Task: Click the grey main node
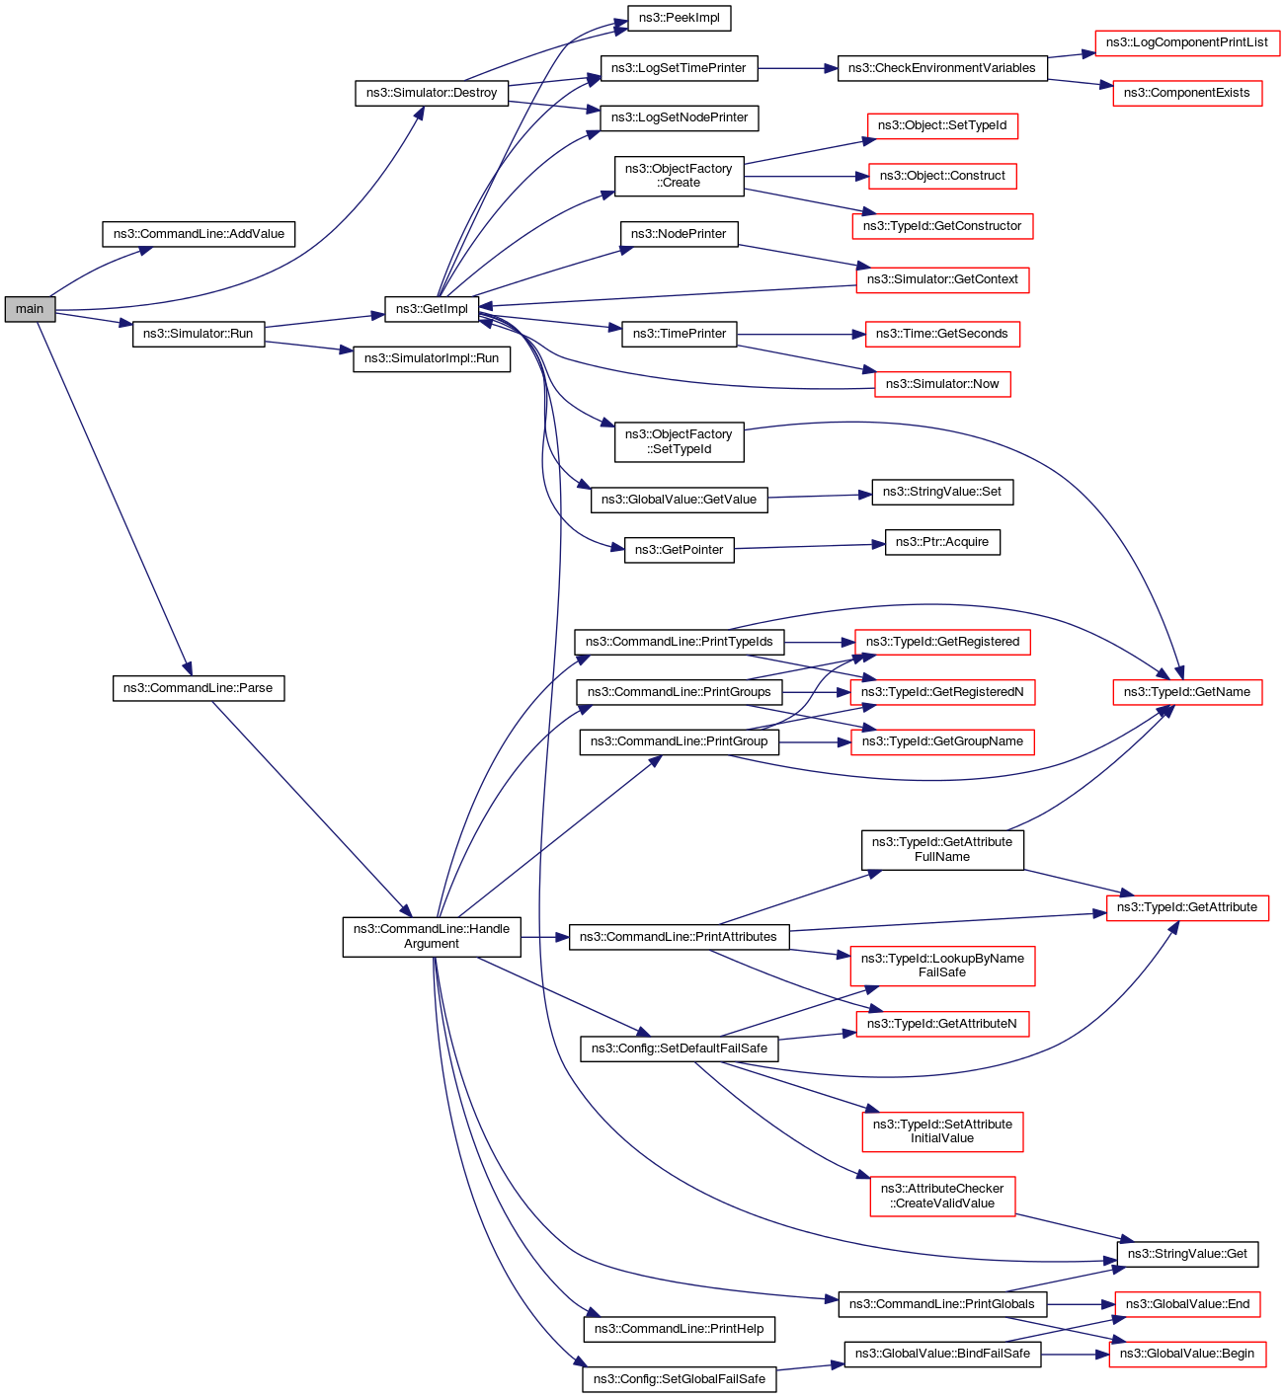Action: [x=30, y=309]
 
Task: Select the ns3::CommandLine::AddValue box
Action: [x=199, y=234]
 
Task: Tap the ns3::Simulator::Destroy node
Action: [x=432, y=93]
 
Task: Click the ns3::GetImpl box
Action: [x=432, y=309]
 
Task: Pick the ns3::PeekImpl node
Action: [x=680, y=18]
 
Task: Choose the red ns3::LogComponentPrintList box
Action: [x=1186, y=42]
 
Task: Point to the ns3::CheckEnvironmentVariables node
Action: [x=941, y=68]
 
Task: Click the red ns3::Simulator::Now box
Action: [x=941, y=384]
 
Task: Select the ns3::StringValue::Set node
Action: [x=941, y=492]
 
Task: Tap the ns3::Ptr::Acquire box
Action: [x=941, y=542]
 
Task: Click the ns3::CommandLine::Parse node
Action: [x=199, y=688]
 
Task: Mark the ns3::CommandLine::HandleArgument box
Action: [x=432, y=936]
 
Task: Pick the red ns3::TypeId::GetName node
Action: [x=1186, y=692]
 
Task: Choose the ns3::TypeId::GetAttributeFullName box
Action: [x=941, y=849]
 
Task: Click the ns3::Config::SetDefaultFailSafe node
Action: [x=679, y=1048]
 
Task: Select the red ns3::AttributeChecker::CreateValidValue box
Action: [x=941, y=1196]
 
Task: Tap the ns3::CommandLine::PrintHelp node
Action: [x=679, y=1329]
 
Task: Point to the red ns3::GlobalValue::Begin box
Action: [x=1186, y=1354]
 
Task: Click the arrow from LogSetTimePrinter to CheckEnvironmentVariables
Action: [x=797, y=68]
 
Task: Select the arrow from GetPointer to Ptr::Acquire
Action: [x=809, y=546]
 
